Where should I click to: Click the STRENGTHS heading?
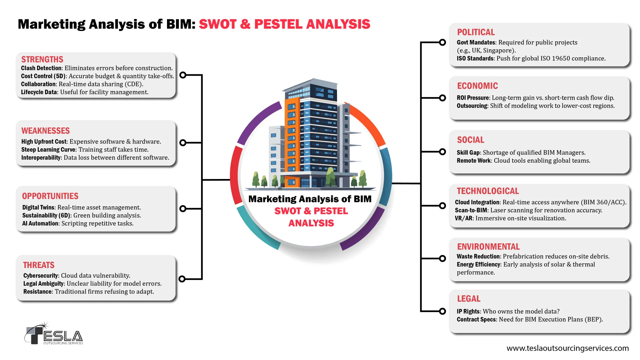coord(42,59)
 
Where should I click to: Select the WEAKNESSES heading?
coord(46,131)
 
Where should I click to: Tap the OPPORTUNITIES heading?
coord(50,196)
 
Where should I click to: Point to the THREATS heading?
coord(39,265)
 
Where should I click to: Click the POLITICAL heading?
coord(476,32)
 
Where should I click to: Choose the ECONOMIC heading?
coord(477,86)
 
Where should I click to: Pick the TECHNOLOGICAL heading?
coord(488,191)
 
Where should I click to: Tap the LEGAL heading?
coord(468,299)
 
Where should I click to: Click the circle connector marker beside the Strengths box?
coord(183,75)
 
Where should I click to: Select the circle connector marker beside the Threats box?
coord(182,279)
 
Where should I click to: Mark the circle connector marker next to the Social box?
coord(442,152)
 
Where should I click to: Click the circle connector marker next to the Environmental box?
coord(442,258)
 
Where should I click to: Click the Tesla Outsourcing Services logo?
coord(53,334)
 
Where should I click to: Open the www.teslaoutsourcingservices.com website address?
coord(567,348)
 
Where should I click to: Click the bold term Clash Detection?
coord(41,68)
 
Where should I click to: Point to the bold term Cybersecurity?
coord(41,276)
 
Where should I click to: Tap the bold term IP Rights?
coord(468,311)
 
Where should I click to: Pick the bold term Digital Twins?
coord(38,207)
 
